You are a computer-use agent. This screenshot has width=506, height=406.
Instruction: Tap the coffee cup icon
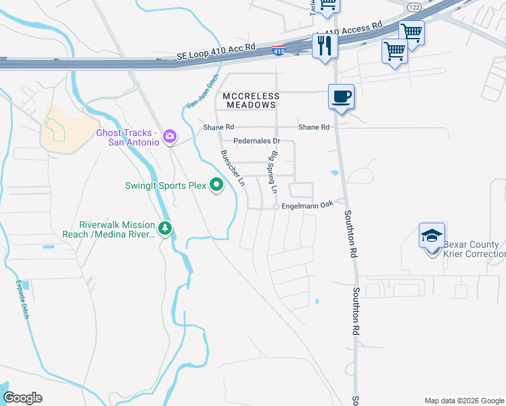341,96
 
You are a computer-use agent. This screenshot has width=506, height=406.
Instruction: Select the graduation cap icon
432,236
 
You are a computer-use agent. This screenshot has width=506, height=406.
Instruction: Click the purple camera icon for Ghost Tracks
169,137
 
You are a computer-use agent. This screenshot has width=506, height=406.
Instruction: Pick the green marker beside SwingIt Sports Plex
216,184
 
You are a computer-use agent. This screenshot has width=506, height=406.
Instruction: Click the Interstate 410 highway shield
278,50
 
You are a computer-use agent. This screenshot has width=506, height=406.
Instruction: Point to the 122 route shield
414,6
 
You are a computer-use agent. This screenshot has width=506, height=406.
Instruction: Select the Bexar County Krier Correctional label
474,249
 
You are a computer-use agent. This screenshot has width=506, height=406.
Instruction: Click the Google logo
22,398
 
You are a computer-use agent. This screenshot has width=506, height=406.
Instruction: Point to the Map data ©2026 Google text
463,401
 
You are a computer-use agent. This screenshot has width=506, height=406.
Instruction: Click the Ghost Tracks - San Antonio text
128,137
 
